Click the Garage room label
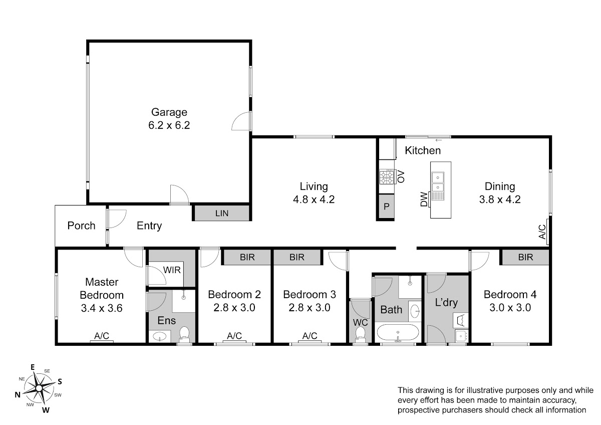point(169,112)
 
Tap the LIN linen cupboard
point(222,213)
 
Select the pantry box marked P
point(386,206)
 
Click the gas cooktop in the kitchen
point(387,176)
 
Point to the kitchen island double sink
point(438,182)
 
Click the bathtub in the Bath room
point(398,332)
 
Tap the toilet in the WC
point(360,334)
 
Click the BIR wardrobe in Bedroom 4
point(525,257)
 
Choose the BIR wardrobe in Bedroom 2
point(247,257)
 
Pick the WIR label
point(172,270)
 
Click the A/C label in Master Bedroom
point(102,336)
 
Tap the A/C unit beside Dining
point(548,232)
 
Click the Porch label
point(81,226)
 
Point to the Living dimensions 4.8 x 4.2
point(314,199)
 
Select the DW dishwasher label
point(424,199)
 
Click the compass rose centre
point(39,388)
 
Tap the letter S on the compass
point(60,381)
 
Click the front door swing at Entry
point(118,219)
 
